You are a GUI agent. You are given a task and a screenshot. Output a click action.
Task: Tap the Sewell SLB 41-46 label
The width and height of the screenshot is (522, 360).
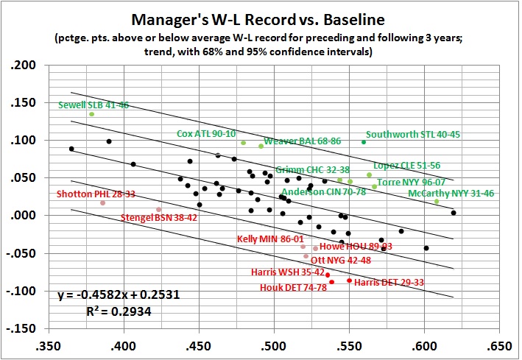(x=94, y=105)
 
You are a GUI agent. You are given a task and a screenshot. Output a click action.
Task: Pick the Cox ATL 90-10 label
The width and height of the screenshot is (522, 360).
(x=206, y=134)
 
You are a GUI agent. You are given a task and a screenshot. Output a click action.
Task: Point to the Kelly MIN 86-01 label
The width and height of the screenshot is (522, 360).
(x=270, y=239)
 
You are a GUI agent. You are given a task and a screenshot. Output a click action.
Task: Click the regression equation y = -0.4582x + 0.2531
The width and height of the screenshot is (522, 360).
(x=119, y=295)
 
